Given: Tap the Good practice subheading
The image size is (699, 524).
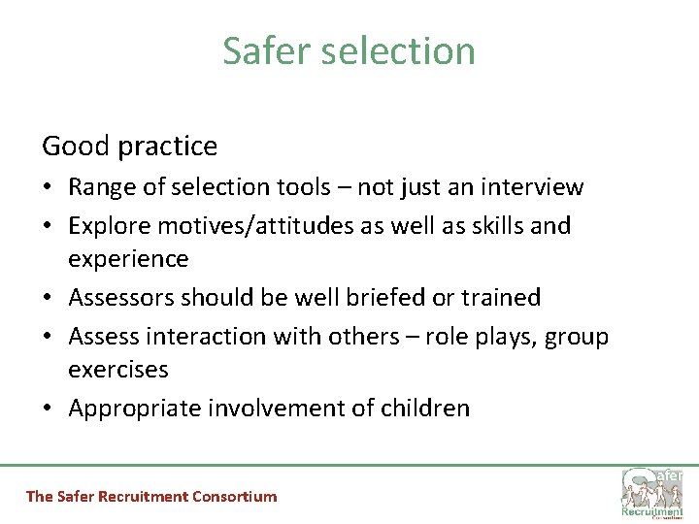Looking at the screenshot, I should pyautogui.click(x=129, y=147).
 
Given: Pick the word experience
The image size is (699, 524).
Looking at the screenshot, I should pyautogui.click(x=128, y=260).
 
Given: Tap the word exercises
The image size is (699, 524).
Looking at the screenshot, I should pyautogui.click(x=118, y=370).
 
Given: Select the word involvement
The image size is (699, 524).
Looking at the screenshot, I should pyautogui.click(x=282, y=409).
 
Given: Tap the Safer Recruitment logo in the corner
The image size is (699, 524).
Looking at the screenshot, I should pyautogui.click(x=651, y=491).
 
